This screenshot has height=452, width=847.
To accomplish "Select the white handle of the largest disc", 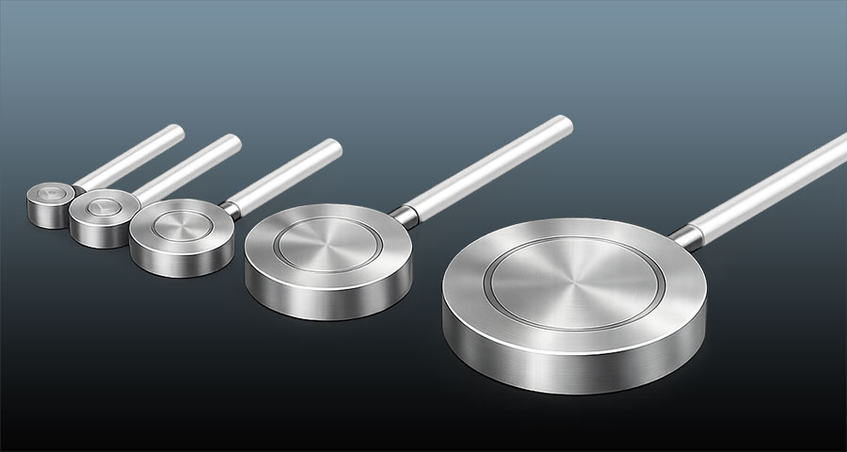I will [x=772, y=186].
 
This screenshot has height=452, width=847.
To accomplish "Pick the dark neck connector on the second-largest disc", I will [x=404, y=217].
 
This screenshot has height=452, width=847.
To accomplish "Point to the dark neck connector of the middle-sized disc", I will [x=229, y=207].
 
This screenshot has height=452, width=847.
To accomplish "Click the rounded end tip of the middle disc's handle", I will [x=334, y=146].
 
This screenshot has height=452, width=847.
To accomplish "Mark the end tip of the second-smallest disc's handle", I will [x=234, y=141].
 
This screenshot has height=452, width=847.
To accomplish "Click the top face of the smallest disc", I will [x=49, y=193].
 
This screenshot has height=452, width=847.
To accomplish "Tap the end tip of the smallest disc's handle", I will [x=177, y=129].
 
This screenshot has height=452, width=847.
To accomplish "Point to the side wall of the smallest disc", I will [x=47, y=215].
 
